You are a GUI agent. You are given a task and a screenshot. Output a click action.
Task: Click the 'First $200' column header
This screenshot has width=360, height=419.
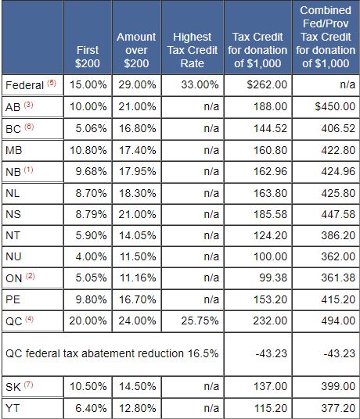pos(88,56)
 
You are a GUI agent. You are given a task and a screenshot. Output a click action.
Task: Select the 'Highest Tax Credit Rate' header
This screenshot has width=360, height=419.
pos(193,50)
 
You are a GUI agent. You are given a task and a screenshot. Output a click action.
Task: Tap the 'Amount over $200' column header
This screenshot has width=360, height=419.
pos(136,50)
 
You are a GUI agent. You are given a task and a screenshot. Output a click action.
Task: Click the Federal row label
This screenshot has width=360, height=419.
pos(24,85)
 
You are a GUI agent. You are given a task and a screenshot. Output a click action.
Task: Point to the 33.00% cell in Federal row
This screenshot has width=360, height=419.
pos(200,84)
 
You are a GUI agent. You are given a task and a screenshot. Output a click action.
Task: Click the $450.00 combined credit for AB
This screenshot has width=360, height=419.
pos(335,106)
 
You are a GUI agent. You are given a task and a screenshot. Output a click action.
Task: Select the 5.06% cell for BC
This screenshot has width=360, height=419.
pos(91,128)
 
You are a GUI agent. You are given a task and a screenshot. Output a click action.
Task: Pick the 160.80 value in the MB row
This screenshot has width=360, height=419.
pos(270,150)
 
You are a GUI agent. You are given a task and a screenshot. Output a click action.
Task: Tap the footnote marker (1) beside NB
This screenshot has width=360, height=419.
pos(29,170)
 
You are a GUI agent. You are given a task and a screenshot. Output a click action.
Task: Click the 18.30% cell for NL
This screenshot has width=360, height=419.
pos(137,193)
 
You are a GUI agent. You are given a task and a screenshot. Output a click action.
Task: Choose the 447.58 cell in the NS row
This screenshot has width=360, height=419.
pos(338,214)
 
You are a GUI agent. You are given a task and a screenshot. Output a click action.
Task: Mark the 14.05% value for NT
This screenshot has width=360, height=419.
pos(137,235)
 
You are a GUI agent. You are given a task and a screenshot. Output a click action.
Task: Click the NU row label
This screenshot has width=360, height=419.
pos(13,256)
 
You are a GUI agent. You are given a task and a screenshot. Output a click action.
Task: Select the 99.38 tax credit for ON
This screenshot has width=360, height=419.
pos(273,278)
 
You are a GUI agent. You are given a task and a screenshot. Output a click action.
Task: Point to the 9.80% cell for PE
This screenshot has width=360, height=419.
pos(91,299)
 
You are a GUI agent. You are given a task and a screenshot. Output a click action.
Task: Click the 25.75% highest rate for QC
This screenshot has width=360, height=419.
pos(200,321)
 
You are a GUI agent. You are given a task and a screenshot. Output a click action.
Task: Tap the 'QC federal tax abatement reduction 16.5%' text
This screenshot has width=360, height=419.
pos(112,353)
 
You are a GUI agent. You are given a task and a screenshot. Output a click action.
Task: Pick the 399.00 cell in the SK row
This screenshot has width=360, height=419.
pos(338,386)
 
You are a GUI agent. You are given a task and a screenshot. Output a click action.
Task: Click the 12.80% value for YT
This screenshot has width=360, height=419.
pos(137,408)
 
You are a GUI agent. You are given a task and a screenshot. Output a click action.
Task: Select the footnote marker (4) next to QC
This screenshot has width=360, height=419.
pos(29,319)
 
